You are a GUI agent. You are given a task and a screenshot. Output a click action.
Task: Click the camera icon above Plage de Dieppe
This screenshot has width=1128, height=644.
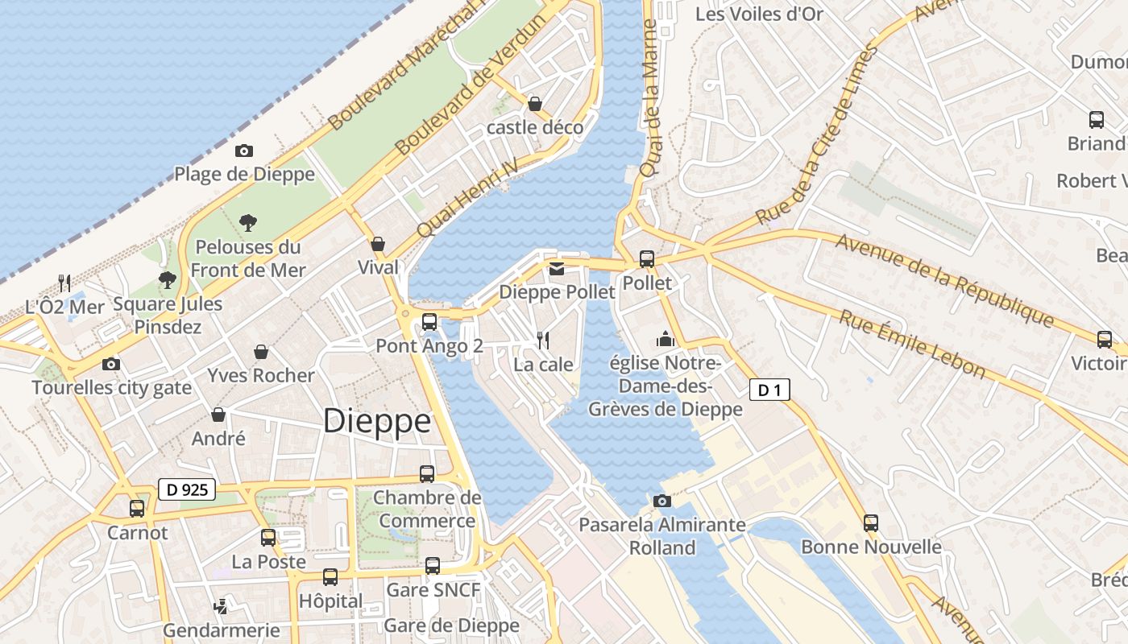[243, 151]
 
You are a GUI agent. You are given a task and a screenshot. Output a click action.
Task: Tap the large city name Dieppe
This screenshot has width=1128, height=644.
[377, 422]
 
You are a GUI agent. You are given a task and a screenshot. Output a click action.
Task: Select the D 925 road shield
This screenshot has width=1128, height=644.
[187, 489]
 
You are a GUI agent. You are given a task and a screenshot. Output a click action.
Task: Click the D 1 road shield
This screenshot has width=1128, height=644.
[769, 390]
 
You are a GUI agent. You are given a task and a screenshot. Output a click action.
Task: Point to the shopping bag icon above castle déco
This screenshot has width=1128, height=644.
[534, 104]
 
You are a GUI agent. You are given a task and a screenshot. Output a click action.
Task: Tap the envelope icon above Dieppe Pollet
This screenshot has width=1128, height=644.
[557, 269]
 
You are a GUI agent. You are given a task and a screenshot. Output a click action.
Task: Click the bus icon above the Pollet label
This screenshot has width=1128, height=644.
[647, 259]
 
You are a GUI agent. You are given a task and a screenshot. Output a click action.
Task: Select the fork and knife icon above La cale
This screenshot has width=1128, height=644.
[544, 341]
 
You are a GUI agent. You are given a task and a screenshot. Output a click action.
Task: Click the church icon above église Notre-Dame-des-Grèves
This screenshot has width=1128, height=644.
[666, 339]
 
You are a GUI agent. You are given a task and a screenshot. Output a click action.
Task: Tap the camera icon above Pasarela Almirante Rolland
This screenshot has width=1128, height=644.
[661, 502]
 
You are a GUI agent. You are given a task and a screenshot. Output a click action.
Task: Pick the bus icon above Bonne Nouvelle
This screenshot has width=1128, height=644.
[871, 523]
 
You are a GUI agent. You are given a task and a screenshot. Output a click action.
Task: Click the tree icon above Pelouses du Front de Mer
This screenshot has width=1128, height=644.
[248, 222]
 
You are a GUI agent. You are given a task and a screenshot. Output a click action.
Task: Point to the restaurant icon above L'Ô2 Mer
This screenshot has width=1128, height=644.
[65, 283]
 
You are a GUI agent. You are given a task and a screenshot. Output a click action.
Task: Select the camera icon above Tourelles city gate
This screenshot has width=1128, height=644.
[111, 365]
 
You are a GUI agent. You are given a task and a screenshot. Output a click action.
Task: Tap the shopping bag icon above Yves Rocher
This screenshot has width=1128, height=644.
[261, 352]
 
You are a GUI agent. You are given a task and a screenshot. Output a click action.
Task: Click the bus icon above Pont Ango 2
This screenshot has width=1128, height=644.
[429, 322]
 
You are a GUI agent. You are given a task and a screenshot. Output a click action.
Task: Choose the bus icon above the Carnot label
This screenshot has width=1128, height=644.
[137, 509]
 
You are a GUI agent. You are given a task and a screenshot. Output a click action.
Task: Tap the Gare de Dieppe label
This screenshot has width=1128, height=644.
[451, 625]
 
